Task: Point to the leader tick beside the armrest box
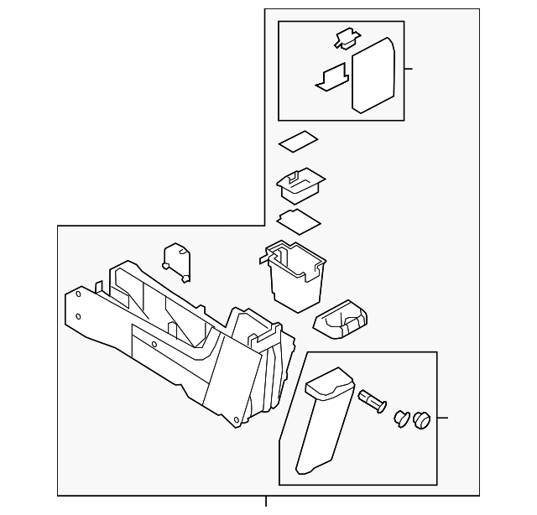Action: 409,70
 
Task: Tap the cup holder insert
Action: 340,319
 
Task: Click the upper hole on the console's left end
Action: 78,294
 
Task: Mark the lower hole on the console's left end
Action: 78,316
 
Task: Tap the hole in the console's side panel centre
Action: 154,344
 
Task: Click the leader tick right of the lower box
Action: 442,417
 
